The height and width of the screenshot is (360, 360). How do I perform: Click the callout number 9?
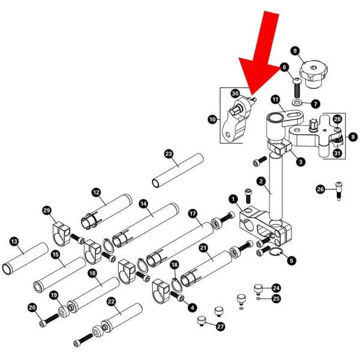(295, 50)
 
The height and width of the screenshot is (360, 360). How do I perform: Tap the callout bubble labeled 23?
(169, 154)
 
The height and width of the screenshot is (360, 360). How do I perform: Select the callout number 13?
(14, 241)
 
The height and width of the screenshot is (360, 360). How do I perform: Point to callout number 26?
(320, 190)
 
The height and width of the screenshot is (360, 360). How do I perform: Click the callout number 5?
(292, 260)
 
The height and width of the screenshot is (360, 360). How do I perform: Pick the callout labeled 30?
(235, 94)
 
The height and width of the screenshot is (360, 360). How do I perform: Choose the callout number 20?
(32, 307)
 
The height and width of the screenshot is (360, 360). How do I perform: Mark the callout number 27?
(221, 327)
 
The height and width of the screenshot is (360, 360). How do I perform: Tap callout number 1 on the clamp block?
(233, 199)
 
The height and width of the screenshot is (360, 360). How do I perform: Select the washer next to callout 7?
(297, 103)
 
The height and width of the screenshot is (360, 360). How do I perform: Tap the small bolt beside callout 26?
(339, 191)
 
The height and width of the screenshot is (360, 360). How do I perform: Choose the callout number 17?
(193, 213)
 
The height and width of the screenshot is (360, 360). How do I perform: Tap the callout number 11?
(275, 99)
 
